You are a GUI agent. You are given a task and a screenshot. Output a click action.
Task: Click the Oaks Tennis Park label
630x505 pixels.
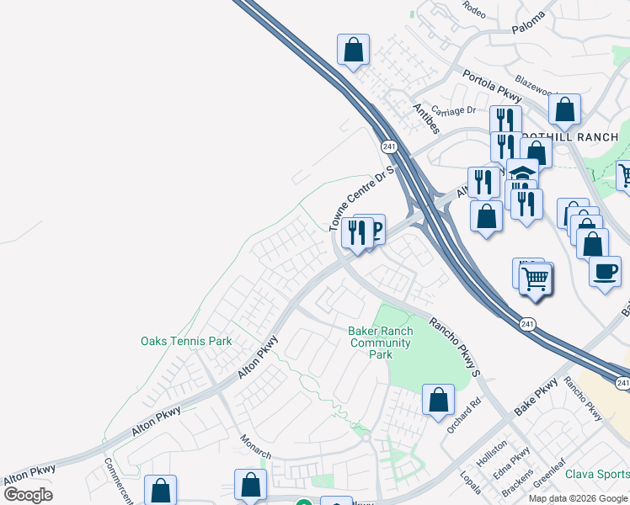185,341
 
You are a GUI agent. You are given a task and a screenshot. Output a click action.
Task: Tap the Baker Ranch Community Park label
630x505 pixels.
380,343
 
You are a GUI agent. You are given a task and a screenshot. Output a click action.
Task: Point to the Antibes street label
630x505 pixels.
425,119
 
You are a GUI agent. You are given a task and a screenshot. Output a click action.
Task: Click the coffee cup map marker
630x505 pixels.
604,272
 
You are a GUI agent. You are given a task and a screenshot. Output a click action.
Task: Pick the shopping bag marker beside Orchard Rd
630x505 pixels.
438,399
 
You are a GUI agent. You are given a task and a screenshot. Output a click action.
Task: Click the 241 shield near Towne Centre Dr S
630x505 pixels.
388,146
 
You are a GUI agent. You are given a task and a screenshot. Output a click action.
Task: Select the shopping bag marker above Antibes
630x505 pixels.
354,50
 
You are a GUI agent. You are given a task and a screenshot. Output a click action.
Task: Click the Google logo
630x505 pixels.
28,494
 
